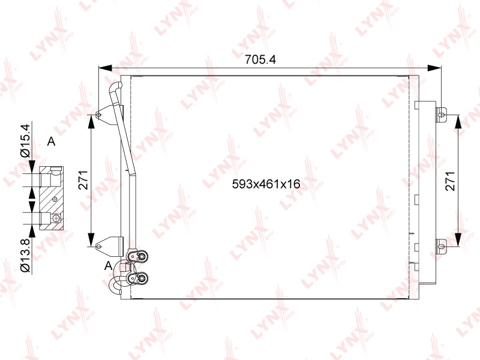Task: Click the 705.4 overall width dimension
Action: [260, 59]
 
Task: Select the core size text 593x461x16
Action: [266, 184]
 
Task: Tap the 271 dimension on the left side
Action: [83, 179]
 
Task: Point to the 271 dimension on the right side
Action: [451, 181]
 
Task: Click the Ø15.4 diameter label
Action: [25, 140]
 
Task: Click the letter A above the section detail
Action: [51, 142]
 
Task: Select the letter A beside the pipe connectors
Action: [108, 266]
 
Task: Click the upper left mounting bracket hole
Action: [98, 115]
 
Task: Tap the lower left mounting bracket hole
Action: [98, 246]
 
